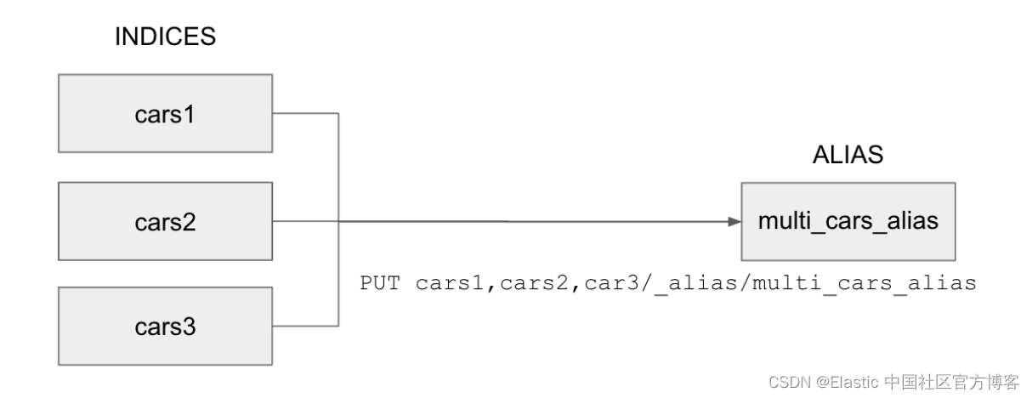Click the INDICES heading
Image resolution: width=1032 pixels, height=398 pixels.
(x=165, y=37)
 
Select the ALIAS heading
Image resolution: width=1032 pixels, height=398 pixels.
(x=848, y=155)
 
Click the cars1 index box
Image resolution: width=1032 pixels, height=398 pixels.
(x=166, y=113)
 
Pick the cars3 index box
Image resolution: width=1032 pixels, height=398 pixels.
(x=166, y=327)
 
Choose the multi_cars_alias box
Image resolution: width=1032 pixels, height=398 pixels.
(x=848, y=221)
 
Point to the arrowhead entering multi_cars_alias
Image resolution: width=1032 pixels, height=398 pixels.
(x=734, y=222)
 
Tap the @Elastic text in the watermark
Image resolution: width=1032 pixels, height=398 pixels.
(x=848, y=382)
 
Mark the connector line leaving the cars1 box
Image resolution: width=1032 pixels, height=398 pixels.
(x=306, y=113)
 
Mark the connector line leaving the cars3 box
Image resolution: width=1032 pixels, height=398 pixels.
(x=306, y=325)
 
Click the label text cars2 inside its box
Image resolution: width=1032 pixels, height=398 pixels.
(x=166, y=223)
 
